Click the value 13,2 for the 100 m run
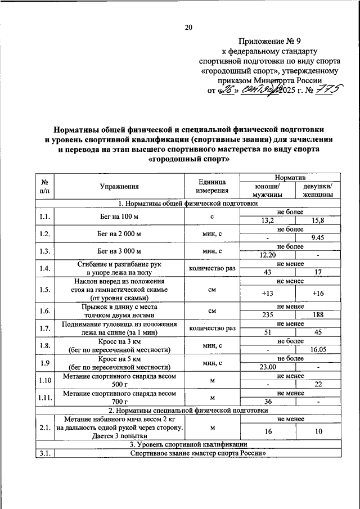pos(267,220)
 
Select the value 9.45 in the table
pos(318,237)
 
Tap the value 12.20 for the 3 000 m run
pos(267,255)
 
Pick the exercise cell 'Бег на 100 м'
pos(119,217)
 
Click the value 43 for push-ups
pos(267,272)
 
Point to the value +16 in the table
pos(318,294)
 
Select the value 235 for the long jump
pos(267,315)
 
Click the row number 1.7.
pos(44,328)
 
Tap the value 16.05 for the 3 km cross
pos(318,349)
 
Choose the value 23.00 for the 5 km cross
pos(267,367)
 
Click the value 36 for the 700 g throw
pos(267,402)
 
